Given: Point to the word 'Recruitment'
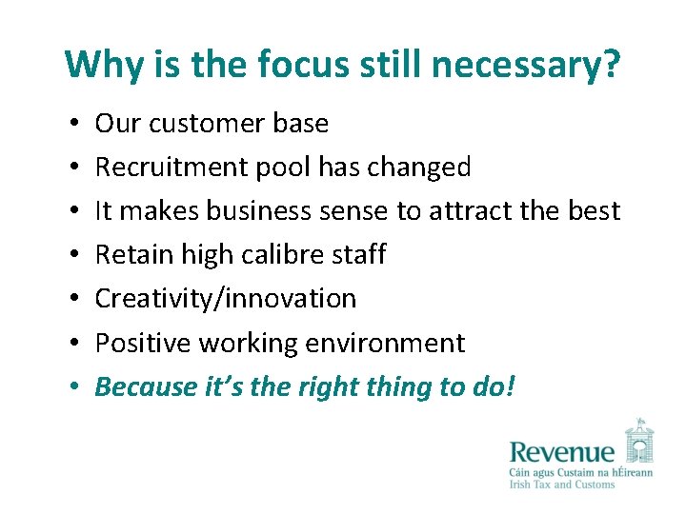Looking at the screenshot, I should (173, 168).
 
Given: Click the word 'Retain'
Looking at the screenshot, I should (129, 254).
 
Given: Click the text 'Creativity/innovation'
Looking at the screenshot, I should (226, 298).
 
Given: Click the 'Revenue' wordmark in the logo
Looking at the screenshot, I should (562, 453).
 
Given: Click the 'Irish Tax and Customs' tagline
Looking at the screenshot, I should (562, 485).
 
